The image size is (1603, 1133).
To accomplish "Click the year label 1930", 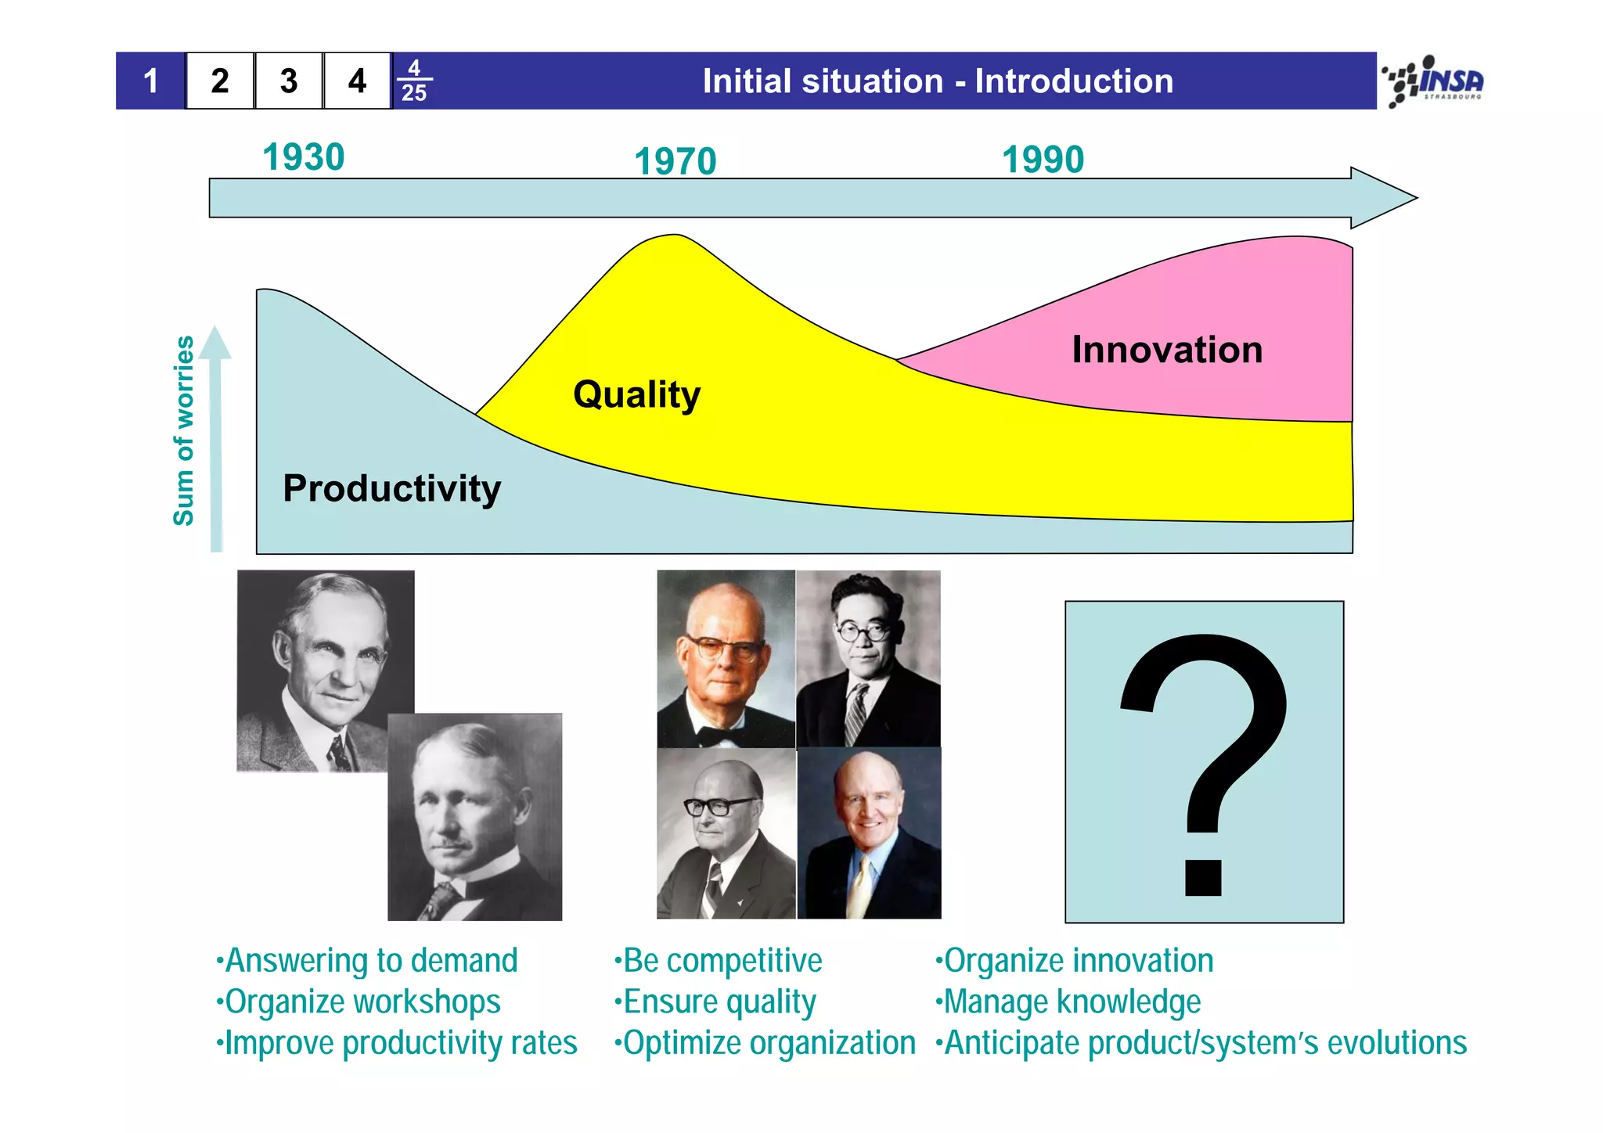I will coord(304,157).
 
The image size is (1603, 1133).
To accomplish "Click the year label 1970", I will coord(675,162).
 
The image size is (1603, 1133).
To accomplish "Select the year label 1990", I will coord(1043,160).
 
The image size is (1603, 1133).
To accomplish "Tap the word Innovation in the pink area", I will coord(1166,350).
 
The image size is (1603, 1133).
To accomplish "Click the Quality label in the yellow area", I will coord(636,394).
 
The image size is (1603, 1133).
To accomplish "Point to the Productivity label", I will coord(391,488).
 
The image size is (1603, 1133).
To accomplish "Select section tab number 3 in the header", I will coord(289,81).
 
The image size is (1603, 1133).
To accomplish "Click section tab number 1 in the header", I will coord(151,81).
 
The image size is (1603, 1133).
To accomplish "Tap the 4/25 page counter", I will coord(414,81).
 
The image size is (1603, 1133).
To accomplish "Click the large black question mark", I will coord(1204,759).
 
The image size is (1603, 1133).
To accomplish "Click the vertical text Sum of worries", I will coord(184,430).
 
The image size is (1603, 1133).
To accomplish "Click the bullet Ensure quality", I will coord(719,1002).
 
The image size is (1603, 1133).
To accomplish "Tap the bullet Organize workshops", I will coord(362,1002).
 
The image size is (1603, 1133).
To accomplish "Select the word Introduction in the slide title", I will coord(1074,81).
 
